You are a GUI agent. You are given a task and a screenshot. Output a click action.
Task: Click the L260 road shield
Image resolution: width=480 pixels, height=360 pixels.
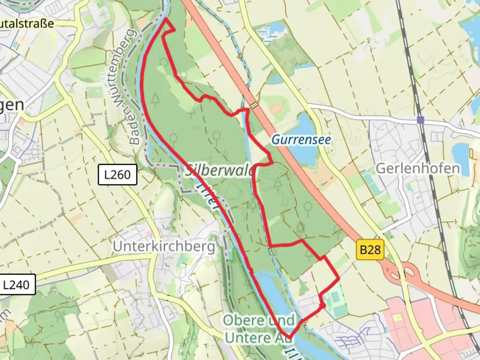coord(117,175)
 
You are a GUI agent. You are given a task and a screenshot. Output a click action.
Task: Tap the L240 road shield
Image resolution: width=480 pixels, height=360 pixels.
coord(16,285)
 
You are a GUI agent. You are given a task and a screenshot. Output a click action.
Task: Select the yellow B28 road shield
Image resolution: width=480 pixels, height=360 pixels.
coord(370,249)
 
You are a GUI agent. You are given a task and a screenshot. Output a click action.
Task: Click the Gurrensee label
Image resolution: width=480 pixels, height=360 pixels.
coord(301,139)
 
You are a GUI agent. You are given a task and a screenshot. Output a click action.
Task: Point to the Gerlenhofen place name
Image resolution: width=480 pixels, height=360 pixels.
coord(418,168)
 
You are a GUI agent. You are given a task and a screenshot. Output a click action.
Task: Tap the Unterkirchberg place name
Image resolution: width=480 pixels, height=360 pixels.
coord(164,247)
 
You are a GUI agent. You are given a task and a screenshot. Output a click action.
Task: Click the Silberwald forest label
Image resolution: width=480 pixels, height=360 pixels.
coord(220,171)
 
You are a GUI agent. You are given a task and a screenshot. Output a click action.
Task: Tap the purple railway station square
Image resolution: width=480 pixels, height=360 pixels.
coord(421,120)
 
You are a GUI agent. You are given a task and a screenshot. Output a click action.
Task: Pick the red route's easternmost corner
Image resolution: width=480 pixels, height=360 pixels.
coord(339,277)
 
